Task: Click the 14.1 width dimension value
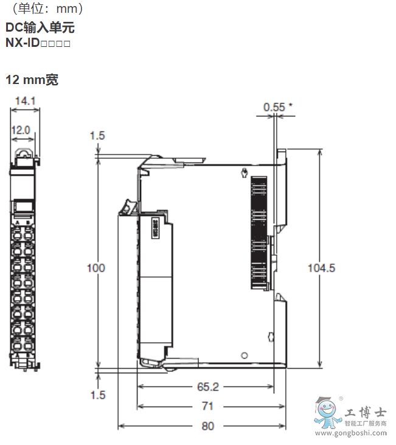point(25,101)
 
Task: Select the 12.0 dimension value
point(21,130)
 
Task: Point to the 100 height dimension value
point(96,268)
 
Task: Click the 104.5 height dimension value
point(322,268)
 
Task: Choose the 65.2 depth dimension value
point(208,386)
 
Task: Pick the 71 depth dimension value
point(208,406)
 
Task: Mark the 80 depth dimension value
point(208,426)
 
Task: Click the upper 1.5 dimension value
point(97,135)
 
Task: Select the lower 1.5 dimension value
point(97,395)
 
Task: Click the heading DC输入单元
point(41,28)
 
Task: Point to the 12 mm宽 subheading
point(32,80)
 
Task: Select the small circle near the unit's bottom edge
point(243,355)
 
